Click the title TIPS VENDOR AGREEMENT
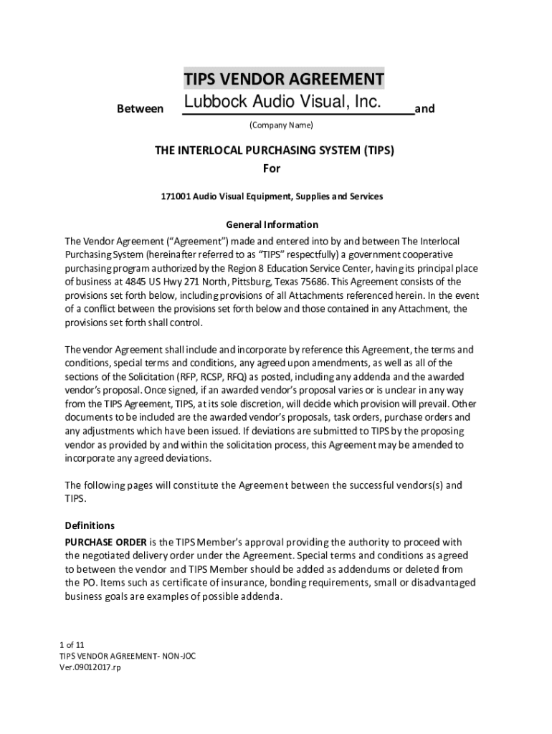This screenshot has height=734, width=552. tap(283, 78)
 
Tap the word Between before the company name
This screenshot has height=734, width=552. tap(139, 109)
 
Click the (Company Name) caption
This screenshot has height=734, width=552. tap(281, 125)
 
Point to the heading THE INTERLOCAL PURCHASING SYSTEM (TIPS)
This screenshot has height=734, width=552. tap(275, 151)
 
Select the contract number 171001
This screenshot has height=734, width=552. tap(176, 196)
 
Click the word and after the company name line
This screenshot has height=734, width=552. tap(425, 109)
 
